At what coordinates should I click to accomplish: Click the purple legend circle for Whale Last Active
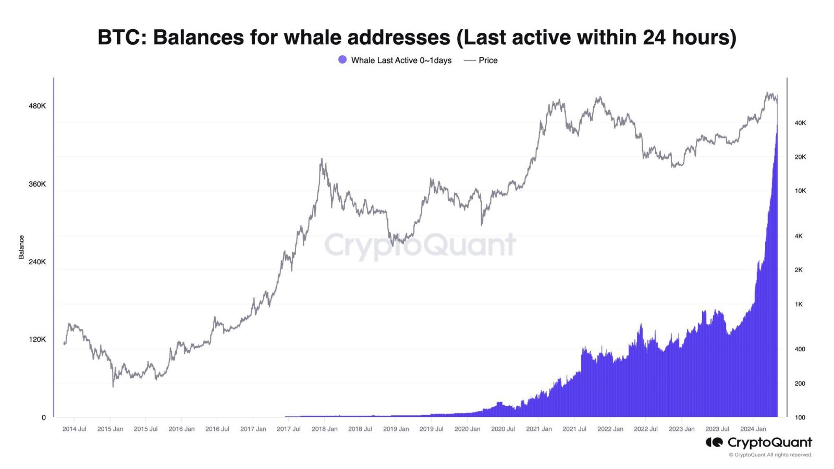(x=342, y=60)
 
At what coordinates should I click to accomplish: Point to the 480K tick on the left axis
(x=37, y=106)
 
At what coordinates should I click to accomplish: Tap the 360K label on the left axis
(x=37, y=184)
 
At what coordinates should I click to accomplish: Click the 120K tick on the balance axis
(x=37, y=339)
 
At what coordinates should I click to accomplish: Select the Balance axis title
(x=21, y=247)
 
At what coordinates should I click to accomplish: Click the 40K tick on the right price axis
(x=800, y=123)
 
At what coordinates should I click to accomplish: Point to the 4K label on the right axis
(x=799, y=236)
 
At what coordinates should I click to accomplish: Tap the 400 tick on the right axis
(x=800, y=349)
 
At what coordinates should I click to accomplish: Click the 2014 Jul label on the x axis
(x=74, y=429)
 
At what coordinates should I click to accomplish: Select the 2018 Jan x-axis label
(x=324, y=429)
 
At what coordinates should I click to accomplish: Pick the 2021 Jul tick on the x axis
(x=574, y=429)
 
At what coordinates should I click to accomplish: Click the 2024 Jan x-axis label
(x=753, y=429)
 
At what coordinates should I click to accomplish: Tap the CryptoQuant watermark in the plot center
(x=420, y=245)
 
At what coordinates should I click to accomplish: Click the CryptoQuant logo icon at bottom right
(x=714, y=442)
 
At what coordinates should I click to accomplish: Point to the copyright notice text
(x=770, y=455)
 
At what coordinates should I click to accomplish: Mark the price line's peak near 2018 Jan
(x=322, y=159)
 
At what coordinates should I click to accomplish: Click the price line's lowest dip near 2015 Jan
(x=113, y=386)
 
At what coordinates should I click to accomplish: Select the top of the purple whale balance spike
(x=777, y=125)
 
